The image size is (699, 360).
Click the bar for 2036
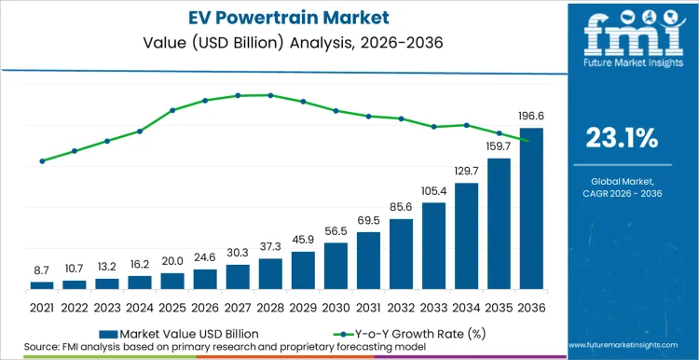[530, 209]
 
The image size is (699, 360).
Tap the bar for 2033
[433, 245]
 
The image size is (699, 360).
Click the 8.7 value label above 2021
[43, 269]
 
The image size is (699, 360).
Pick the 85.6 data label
[401, 206]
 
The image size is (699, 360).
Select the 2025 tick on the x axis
[172, 307]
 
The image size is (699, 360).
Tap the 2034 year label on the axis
[466, 307]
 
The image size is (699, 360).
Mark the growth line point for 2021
[43, 160]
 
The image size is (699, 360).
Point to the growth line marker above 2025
[172, 110]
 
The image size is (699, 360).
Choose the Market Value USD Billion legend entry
[177, 331]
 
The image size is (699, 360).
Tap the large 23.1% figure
[622, 139]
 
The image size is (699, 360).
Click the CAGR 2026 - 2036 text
[622, 192]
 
